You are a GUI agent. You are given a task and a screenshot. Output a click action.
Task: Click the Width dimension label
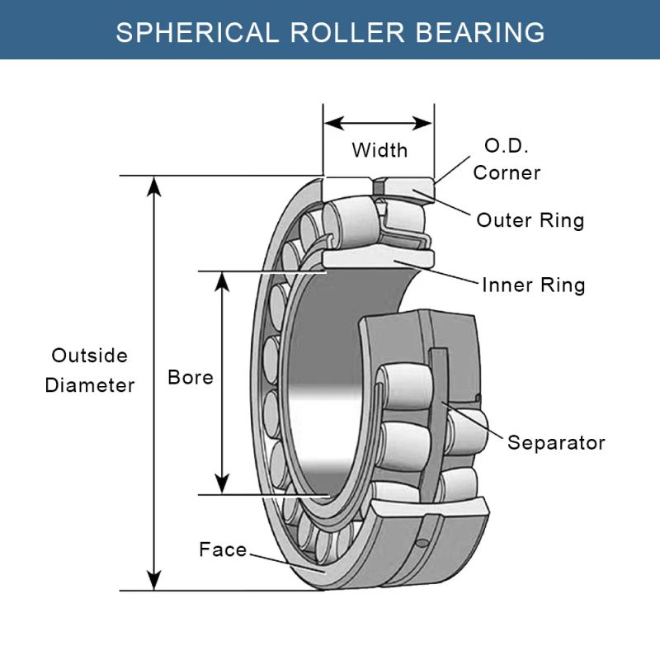[379, 150]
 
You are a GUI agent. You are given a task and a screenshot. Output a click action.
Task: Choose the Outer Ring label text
[530, 220]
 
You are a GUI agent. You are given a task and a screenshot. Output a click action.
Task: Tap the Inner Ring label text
[533, 285]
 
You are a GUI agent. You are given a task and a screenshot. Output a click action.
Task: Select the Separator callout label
[555, 442]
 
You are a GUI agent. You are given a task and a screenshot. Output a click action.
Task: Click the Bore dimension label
[190, 377]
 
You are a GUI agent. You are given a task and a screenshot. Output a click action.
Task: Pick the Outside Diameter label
[89, 370]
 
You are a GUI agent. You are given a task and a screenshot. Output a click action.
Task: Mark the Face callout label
[223, 549]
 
